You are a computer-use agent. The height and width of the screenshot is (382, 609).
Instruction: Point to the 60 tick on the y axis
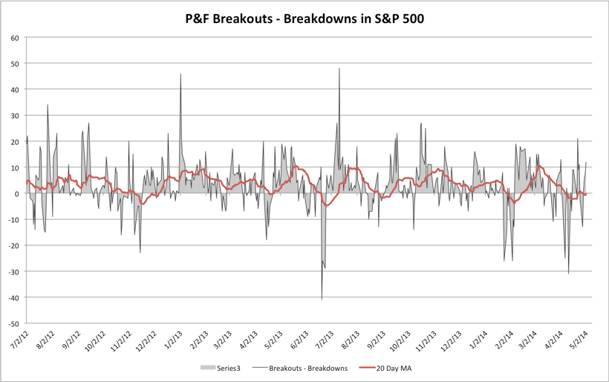(15, 37)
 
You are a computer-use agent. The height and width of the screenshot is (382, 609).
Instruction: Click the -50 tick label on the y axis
(13, 324)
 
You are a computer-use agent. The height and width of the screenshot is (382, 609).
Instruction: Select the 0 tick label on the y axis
(17, 194)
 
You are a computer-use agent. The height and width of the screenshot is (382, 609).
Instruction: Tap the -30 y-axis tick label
(13, 272)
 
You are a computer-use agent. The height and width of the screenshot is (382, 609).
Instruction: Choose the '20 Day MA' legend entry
(393, 367)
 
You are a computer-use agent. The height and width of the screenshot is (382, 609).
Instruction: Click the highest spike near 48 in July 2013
(339, 69)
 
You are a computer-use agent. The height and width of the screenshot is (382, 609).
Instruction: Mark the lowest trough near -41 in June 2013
(322, 299)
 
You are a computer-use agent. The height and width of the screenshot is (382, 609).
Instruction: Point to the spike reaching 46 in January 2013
(180, 74)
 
